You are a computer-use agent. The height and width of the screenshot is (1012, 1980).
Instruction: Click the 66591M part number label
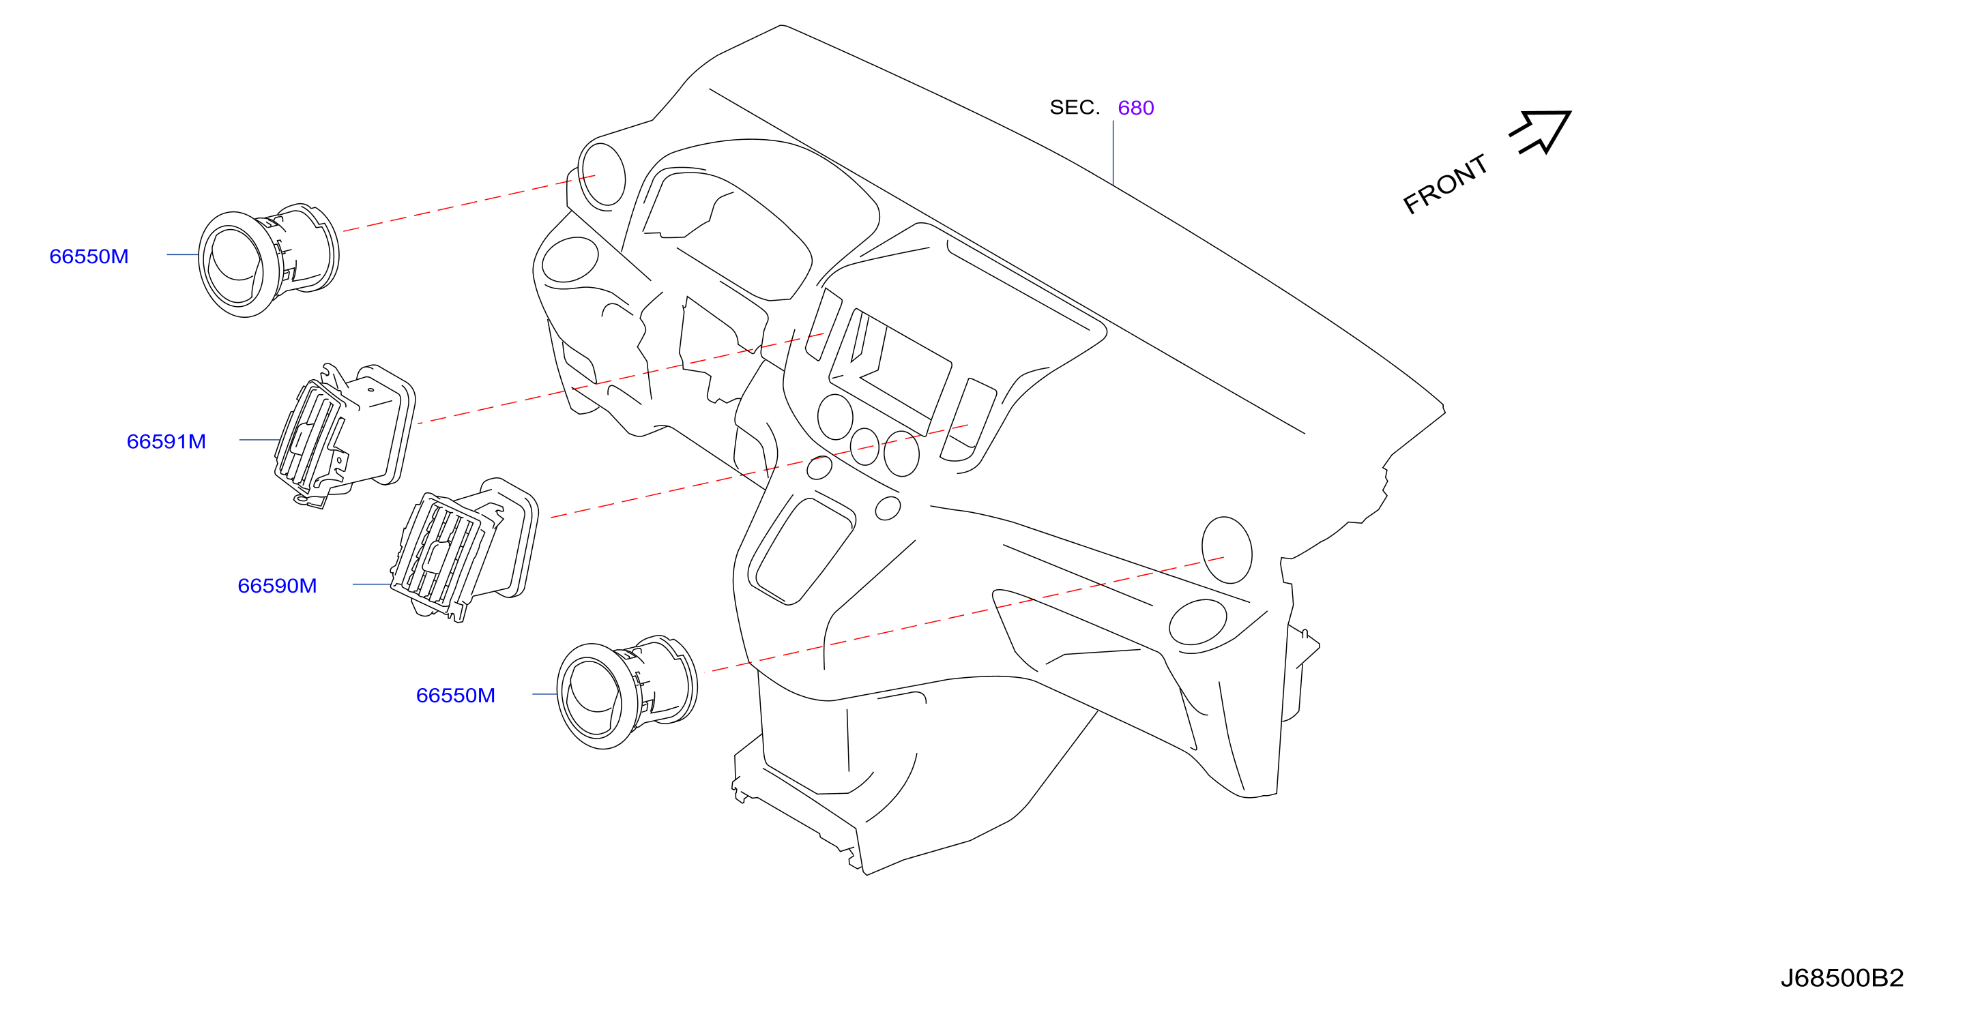click(166, 442)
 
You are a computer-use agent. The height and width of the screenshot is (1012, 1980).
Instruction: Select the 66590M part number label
click(277, 586)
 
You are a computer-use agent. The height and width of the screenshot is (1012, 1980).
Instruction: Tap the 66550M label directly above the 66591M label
click(89, 256)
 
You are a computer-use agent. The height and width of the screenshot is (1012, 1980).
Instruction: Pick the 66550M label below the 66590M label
click(455, 696)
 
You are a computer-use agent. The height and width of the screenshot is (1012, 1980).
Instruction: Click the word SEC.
click(1075, 108)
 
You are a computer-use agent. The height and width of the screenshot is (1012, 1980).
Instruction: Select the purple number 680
click(1135, 108)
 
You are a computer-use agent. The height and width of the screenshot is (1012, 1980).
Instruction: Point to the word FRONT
click(1445, 183)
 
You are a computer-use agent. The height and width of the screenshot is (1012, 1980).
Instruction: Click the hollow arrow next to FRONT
click(1541, 132)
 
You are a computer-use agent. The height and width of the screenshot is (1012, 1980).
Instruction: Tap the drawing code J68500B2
click(1841, 978)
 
